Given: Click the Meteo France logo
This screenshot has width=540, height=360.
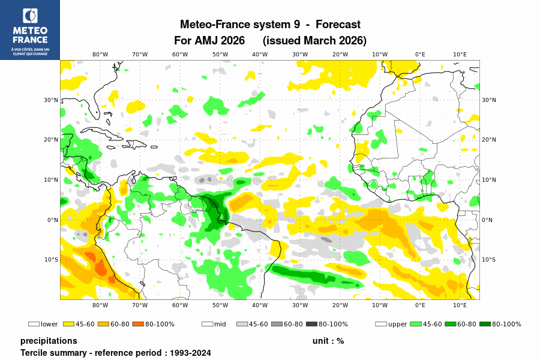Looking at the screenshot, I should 30,29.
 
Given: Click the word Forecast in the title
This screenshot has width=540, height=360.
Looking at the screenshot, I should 338,25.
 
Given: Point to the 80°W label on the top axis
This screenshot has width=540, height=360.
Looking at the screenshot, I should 100,54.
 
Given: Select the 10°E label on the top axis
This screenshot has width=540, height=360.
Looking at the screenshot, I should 460,54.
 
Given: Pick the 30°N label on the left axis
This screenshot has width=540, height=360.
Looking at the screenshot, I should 52,100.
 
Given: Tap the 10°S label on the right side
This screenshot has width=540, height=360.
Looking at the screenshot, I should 488,260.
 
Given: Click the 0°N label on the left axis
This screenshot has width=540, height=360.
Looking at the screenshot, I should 53,220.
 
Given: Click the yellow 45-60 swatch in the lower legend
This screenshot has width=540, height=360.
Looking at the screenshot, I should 68,324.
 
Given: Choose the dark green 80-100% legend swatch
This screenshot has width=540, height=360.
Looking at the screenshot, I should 485,324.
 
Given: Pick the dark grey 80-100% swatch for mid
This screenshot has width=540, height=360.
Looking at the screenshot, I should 311,324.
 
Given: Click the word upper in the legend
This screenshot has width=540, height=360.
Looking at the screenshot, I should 397,325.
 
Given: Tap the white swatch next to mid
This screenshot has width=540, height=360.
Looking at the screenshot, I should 207,324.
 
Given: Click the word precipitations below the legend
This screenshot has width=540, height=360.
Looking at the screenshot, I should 49,341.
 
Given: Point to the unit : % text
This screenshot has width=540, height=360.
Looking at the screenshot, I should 328,341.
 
